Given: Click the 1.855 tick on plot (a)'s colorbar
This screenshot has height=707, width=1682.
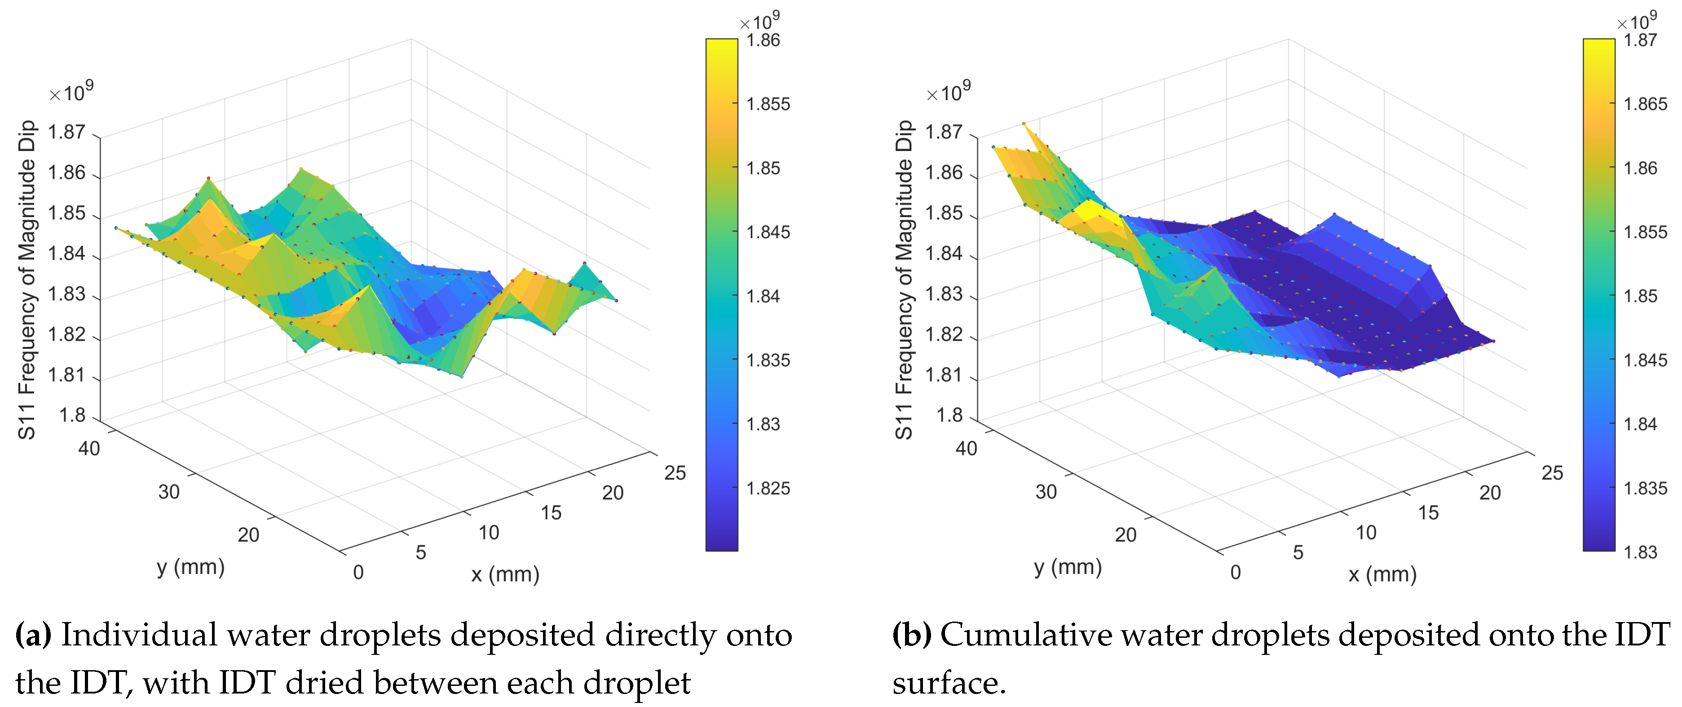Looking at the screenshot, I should pyautogui.click(x=768, y=104).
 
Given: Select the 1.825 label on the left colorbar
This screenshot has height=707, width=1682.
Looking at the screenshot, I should pyautogui.click(x=768, y=488).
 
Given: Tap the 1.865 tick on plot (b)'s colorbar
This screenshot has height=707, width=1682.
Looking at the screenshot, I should pyautogui.click(x=1645, y=104).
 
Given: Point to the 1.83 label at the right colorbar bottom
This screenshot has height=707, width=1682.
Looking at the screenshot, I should pyautogui.click(x=1640, y=552).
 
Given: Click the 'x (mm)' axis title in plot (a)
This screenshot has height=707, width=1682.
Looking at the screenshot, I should pyautogui.click(x=505, y=574).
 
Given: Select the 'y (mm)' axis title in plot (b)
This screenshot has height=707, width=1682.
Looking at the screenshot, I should pyautogui.click(x=1068, y=566).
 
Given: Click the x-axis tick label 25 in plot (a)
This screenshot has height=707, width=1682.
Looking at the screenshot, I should pyautogui.click(x=675, y=473).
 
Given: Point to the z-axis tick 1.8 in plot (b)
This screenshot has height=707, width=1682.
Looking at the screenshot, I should pyautogui.click(x=949, y=416).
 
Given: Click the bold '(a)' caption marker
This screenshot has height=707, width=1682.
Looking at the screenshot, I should pyautogui.click(x=33, y=635).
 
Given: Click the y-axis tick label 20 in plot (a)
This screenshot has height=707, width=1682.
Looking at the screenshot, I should pyautogui.click(x=248, y=535).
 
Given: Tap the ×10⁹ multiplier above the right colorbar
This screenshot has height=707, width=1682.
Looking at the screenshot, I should pyautogui.click(x=1636, y=22).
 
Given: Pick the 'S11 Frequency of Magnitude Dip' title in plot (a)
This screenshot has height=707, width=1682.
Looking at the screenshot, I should pyautogui.click(x=26, y=280).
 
